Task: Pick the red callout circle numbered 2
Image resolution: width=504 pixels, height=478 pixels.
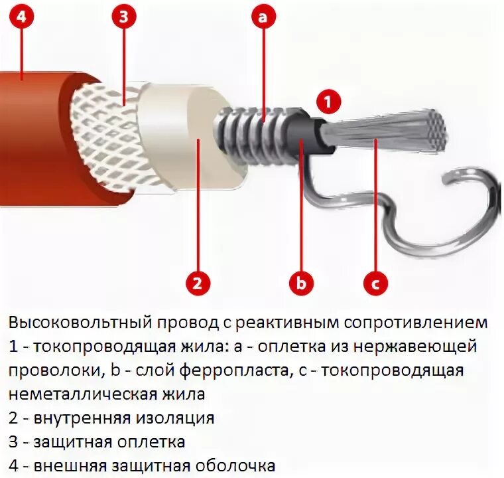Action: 197,283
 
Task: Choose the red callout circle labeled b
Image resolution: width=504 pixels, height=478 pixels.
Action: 301,283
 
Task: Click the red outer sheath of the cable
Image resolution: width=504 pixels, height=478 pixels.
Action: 33,133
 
